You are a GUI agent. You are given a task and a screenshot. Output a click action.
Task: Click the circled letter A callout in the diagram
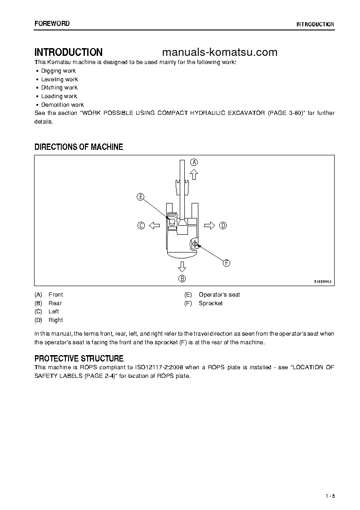coord(194,162)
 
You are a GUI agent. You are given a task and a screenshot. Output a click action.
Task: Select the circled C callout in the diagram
coord(141,225)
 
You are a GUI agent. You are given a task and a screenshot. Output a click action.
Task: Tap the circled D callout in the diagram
coord(222,225)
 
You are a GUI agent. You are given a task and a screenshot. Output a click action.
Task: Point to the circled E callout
coord(140,197)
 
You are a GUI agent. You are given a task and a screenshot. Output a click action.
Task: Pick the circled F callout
coord(226,262)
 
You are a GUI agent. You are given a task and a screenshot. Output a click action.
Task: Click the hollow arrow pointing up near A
coord(194,173)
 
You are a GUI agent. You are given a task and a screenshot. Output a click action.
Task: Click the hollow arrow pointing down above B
coord(182,266)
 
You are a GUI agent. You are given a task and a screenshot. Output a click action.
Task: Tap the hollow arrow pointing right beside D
coord(210,225)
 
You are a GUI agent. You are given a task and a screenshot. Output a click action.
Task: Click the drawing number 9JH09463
coord(323,282)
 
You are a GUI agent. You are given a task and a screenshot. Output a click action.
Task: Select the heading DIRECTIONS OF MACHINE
coord(79,147)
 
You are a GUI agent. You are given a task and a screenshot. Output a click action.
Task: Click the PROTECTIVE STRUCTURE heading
coord(79,359)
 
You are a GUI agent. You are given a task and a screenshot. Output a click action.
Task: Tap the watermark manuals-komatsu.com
coord(219,52)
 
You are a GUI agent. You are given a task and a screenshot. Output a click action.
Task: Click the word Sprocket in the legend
coord(211,303)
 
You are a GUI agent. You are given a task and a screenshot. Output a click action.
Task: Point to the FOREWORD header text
coord(52,24)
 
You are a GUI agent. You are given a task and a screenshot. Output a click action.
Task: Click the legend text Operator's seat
coord(219,295)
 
